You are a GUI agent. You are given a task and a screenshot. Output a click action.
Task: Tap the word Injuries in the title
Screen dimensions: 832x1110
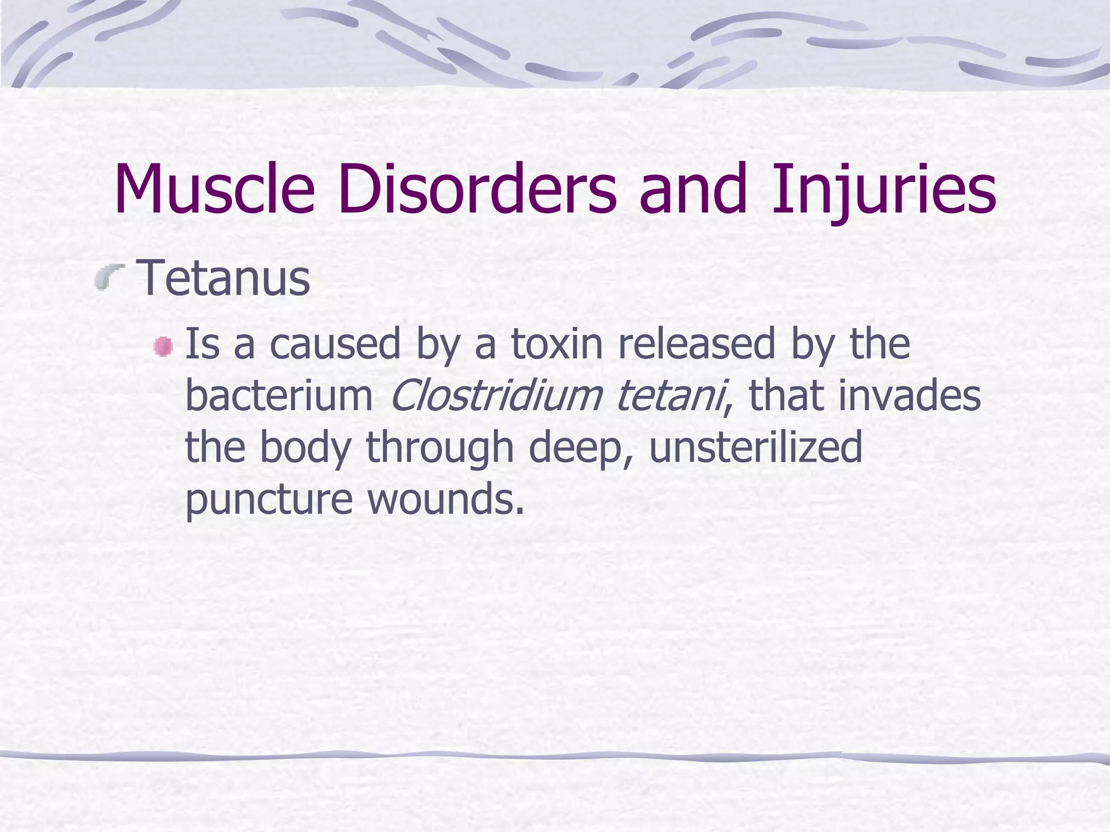[x=884, y=191]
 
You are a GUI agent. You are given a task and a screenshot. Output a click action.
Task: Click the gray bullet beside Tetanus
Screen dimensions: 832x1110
[x=109, y=278]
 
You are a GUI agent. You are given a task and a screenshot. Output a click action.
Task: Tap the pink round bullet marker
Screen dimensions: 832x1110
[x=163, y=347]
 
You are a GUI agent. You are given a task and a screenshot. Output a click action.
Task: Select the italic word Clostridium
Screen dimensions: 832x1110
[x=495, y=395]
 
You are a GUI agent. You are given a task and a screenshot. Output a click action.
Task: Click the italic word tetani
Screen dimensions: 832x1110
[x=670, y=395]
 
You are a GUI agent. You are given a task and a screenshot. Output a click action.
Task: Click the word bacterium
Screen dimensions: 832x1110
[x=279, y=395]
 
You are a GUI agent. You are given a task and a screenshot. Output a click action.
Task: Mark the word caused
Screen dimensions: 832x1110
[x=335, y=344]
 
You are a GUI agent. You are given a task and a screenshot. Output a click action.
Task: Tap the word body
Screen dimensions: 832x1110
[x=306, y=448]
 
